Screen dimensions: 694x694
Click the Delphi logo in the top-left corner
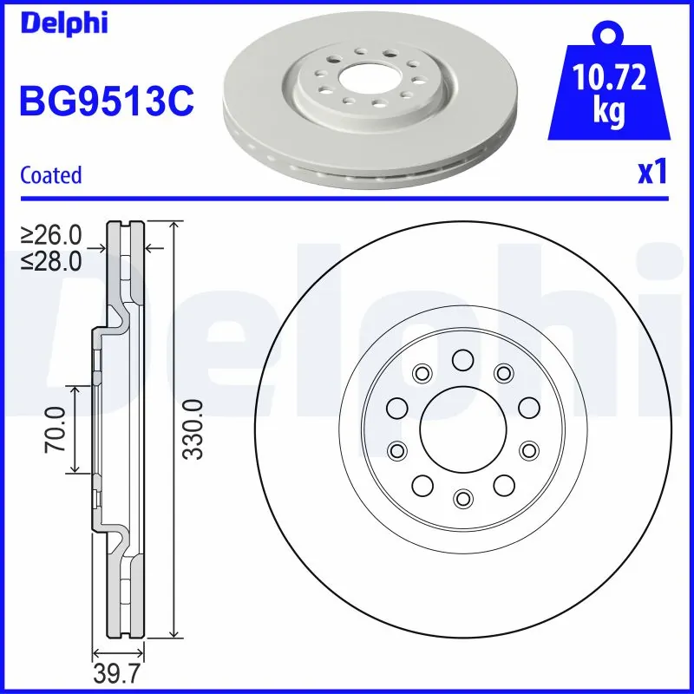point(63,23)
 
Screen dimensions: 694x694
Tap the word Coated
point(50,175)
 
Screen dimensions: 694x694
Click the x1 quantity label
point(652,173)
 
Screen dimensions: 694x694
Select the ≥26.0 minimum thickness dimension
point(52,234)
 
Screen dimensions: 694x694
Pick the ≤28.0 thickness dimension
point(52,259)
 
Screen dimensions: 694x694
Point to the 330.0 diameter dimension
point(193,429)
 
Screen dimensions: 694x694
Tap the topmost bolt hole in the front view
point(462,359)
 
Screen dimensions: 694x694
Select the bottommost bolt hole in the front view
point(462,497)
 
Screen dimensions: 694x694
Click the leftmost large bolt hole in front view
point(396,407)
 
